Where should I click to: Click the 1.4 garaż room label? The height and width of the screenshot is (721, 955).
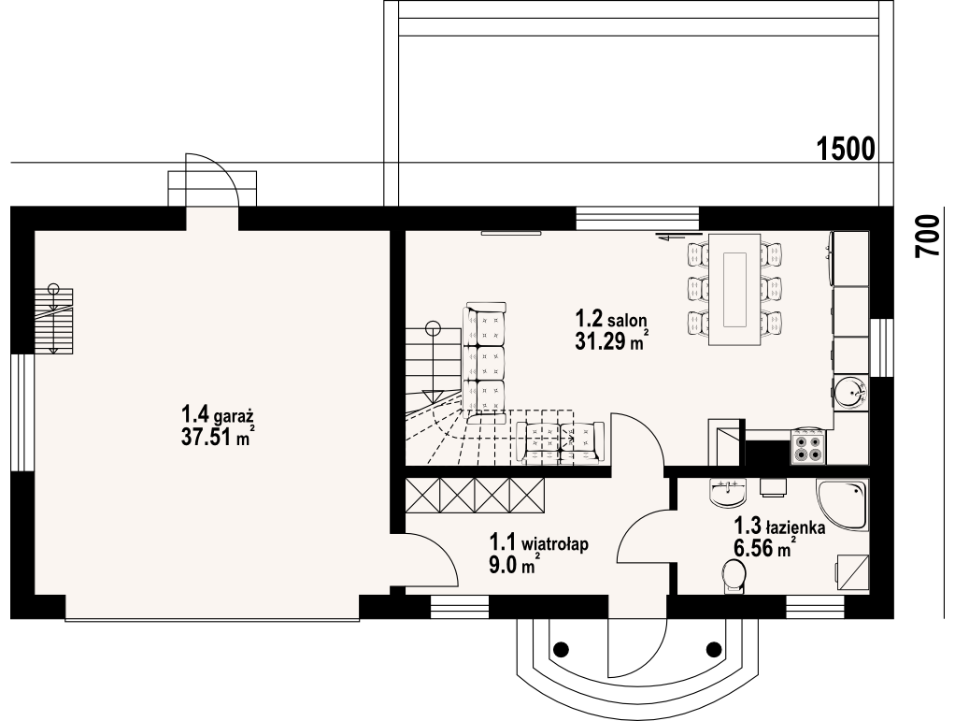pyautogui.click(x=218, y=415)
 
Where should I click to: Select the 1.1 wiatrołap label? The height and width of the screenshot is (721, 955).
pyautogui.click(x=539, y=542)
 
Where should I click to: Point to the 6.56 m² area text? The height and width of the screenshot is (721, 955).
pyautogui.click(x=765, y=548)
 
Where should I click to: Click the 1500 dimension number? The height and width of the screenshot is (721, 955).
pyautogui.click(x=846, y=149)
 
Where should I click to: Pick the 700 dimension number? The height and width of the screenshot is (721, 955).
pyautogui.click(x=928, y=236)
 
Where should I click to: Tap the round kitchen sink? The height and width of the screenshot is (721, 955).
pyautogui.click(x=849, y=393)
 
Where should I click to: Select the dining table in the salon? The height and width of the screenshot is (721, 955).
pyautogui.click(x=734, y=289)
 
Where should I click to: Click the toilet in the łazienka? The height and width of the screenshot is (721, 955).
pyautogui.click(x=734, y=576)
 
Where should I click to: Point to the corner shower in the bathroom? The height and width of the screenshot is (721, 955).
pyautogui.click(x=842, y=505)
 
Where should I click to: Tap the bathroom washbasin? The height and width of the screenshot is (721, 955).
pyautogui.click(x=728, y=492)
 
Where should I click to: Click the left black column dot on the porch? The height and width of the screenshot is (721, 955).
pyautogui.click(x=561, y=648)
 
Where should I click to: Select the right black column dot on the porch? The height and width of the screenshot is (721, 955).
pyautogui.click(x=713, y=648)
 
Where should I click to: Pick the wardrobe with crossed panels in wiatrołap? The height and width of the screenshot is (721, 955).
pyautogui.click(x=475, y=494)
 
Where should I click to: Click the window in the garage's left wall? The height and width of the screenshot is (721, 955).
pyautogui.click(x=22, y=413)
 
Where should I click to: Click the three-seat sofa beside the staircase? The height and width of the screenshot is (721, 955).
pyautogui.click(x=485, y=361)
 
